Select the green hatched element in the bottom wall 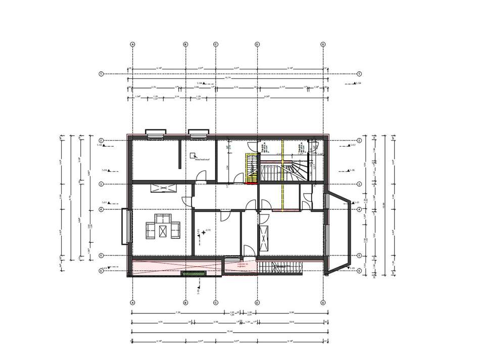tap(194, 274)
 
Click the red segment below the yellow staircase tap(251, 183)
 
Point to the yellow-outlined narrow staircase tap(251, 167)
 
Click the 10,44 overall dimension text tap(227, 331)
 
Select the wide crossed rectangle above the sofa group tap(163, 188)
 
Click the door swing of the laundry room tap(202, 176)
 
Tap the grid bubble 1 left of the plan tap(101, 74)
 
